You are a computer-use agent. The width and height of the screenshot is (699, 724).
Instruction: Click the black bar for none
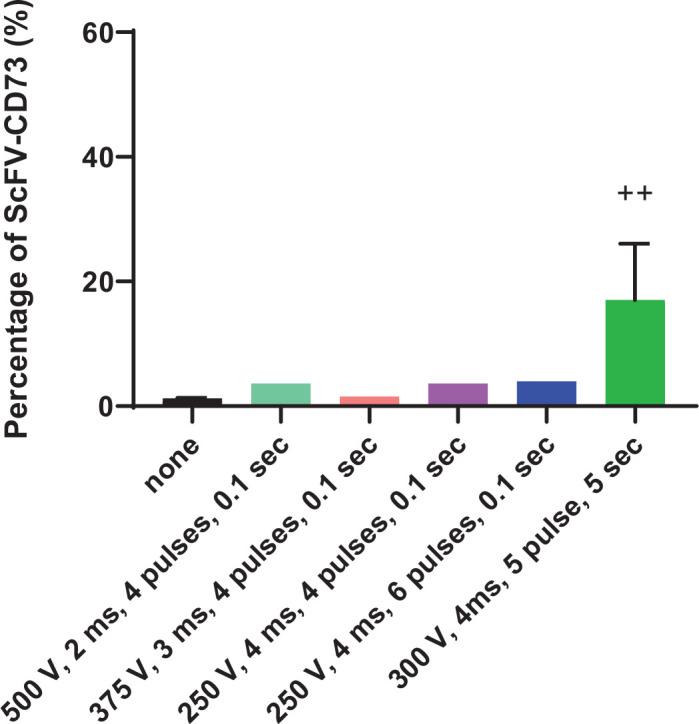(x=178, y=401)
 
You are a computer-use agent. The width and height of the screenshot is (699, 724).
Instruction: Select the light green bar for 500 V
(x=280, y=394)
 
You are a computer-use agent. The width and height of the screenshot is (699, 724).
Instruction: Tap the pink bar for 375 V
(x=369, y=400)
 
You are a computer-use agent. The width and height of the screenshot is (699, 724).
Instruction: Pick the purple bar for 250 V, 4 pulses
(x=457, y=394)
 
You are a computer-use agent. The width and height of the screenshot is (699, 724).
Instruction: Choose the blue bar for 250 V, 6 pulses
(x=546, y=393)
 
